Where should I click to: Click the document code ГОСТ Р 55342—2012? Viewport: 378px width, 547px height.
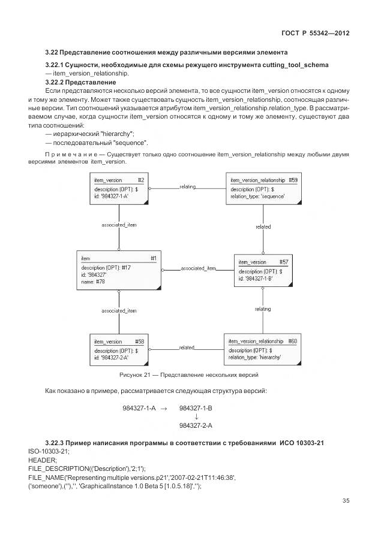316,33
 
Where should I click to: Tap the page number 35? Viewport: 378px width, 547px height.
346,501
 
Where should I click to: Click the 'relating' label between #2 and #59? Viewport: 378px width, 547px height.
188,187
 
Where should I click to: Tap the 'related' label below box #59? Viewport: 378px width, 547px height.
263,227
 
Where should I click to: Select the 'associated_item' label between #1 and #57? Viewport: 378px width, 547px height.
198,268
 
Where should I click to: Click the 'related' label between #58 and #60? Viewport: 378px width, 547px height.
187,347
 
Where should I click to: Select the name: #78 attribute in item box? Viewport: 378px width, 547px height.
94,281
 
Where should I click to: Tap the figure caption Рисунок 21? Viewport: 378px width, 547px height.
189,375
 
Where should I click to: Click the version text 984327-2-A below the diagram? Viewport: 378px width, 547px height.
196,425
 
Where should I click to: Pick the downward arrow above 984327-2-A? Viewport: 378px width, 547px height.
196,417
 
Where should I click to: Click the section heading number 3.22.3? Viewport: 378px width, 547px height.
58,442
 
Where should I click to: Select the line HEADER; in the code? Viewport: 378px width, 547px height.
42,459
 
